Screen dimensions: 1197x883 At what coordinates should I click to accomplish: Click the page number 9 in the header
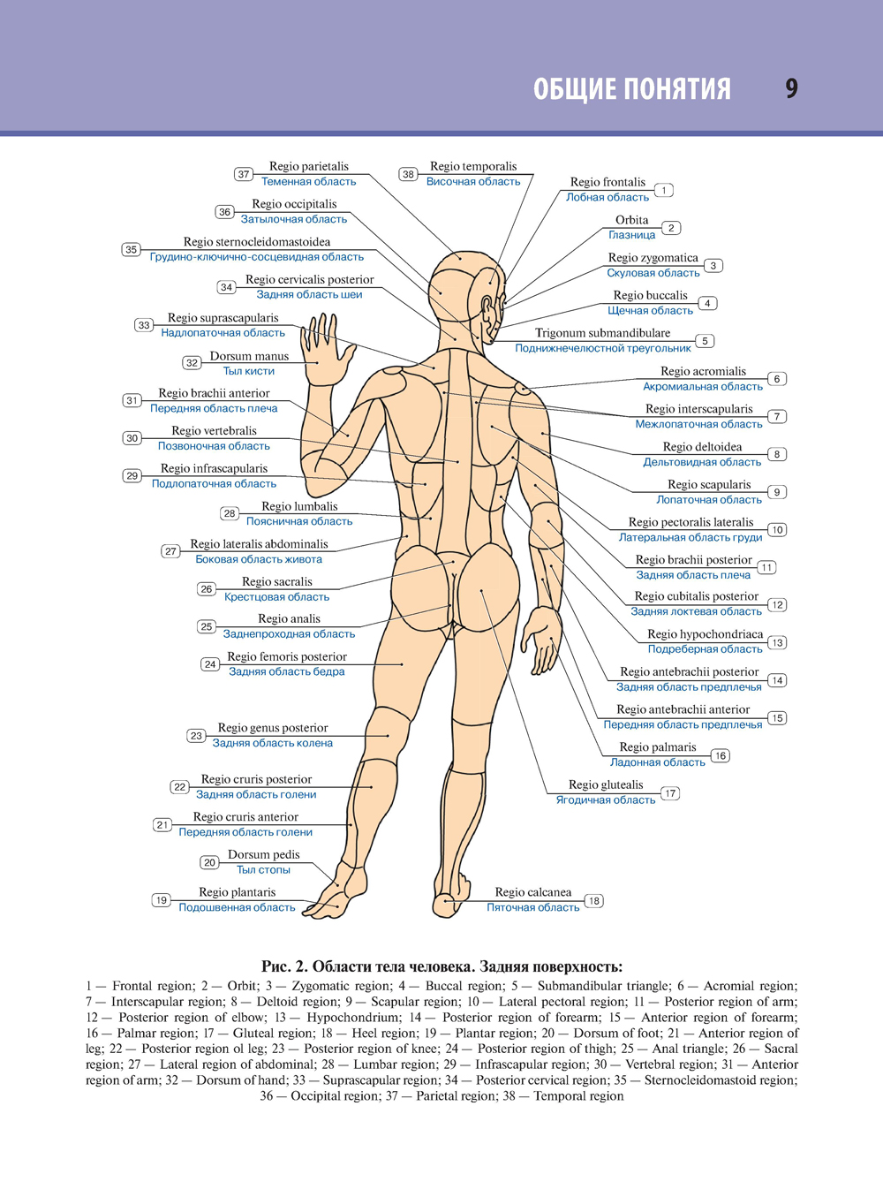[x=791, y=88]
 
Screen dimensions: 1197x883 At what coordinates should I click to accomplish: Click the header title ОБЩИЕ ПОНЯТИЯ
[x=632, y=89]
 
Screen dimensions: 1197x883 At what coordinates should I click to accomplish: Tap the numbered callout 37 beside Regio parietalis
[x=244, y=174]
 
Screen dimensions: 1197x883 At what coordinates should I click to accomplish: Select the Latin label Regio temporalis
[x=473, y=166]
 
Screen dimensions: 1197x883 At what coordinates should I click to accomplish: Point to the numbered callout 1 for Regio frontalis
[x=664, y=190]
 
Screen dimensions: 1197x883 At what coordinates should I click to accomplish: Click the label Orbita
[x=632, y=220]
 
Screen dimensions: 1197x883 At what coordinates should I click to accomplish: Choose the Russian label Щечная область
[x=651, y=310]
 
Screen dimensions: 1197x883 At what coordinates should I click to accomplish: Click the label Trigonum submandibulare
[x=602, y=333]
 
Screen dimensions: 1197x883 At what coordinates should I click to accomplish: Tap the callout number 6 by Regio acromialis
[x=777, y=379]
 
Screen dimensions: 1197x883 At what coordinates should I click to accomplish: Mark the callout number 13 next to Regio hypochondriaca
[x=777, y=642]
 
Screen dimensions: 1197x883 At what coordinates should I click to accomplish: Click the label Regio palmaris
[x=658, y=747]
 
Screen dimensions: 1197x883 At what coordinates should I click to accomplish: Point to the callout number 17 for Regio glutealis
[x=670, y=793]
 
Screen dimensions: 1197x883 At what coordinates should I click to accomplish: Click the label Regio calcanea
[x=533, y=892]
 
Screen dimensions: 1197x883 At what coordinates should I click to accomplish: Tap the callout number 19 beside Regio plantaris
[x=161, y=900]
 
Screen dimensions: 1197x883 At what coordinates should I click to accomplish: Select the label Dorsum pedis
[x=264, y=854]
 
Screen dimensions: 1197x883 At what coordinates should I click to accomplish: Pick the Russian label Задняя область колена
[x=273, y=743]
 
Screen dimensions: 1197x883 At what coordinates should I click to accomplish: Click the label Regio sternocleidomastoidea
[x=257, y=241]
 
